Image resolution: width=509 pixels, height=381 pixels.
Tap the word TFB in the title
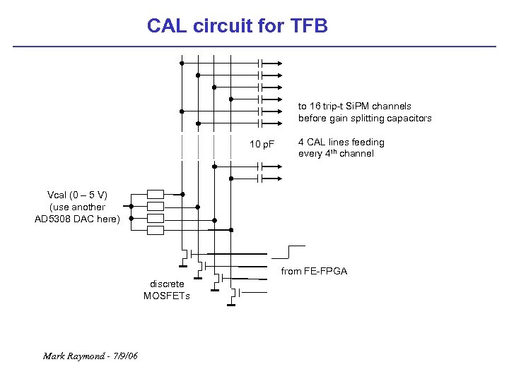tap(309, 26)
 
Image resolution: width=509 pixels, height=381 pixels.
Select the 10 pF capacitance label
tap(262, 145)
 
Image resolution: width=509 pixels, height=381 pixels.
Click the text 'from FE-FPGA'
tap(314, 271)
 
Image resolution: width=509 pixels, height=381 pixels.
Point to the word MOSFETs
tap(167, 296)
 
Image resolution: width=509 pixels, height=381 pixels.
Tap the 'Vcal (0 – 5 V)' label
tap(77, 195)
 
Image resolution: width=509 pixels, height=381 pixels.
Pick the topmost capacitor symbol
tap(261, 63)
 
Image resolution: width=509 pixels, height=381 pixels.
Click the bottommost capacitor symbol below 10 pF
tap(261, 179)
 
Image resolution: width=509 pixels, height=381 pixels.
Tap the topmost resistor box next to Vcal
tap(156, 194)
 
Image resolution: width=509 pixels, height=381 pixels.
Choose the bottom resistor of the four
tap(156, 230)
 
